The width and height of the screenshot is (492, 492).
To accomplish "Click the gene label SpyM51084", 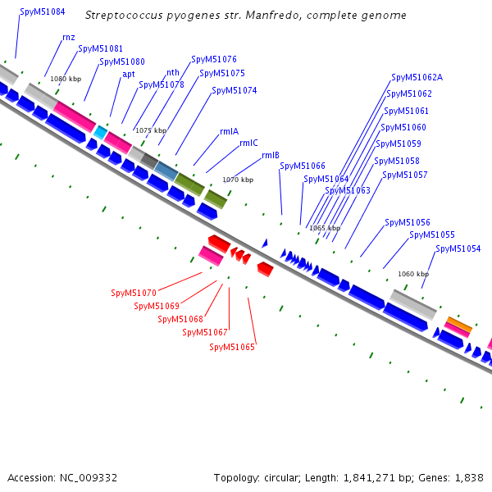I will [43, 13].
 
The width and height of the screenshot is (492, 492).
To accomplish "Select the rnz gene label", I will [69, 38].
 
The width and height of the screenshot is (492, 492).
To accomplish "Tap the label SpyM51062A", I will [417, 78].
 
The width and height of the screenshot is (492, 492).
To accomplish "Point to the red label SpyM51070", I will [134, 294].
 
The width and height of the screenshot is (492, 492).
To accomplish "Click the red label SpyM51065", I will [232, 348].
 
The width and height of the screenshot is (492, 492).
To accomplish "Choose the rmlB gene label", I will [271, 156].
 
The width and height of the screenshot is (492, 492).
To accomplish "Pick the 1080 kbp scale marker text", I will [66, 79].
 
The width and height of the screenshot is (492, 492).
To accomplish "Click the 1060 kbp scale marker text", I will [413, 274].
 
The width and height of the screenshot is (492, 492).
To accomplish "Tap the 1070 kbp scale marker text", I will [238, 180].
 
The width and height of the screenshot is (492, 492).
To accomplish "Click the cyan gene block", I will [100, 132].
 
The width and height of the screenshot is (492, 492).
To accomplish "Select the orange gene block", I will [458, 325].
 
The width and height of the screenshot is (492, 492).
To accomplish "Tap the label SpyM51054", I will [458, 248].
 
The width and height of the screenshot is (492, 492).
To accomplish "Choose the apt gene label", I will [129, 74].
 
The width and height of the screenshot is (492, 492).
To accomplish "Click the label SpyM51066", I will [303, 166].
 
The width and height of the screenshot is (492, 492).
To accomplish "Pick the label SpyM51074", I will [235, 91].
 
